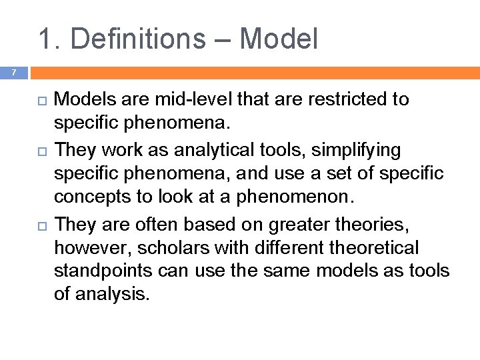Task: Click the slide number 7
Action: coord(12,73)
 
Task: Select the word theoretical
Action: coord(363,248)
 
